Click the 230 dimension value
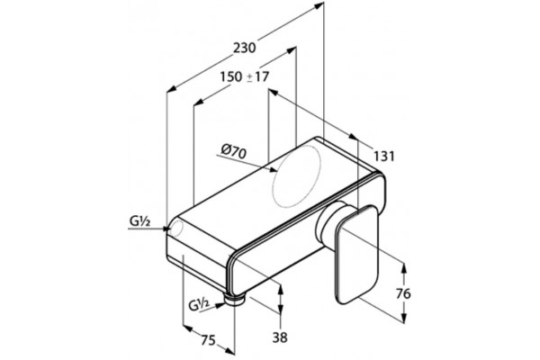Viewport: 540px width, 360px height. coord(245,48)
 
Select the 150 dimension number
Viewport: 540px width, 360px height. coord(231,76)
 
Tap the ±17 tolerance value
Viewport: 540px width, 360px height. coord(258,76)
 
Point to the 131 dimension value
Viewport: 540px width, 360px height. coord(384,156)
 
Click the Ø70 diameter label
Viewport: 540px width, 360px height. coord(234,151)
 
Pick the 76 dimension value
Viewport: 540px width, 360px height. coord(403,294)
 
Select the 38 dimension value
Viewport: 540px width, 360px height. coord(280,337)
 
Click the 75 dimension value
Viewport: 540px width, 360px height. coord(208,340)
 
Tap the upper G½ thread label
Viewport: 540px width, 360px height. coord(139,221)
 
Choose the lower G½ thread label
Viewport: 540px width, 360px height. coord(199,304)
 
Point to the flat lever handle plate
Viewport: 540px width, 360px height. coord(356,254)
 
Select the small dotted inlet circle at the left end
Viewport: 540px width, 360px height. coord(176,228)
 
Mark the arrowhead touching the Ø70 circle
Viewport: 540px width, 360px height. coord(273,169)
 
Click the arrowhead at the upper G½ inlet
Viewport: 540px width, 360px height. coord(166,228)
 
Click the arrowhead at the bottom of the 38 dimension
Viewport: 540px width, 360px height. coord(281,309)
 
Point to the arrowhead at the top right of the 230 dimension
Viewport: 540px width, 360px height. coord(319,4)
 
